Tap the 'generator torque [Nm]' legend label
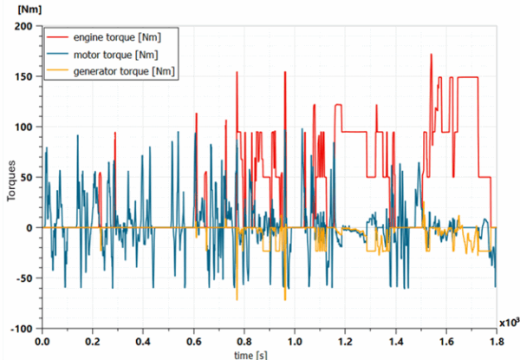click(x=127, y=71)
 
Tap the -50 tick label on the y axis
click(x=22, y=278)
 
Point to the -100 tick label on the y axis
click(x=19, y=329)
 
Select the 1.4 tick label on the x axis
click(x=396, y=341)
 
